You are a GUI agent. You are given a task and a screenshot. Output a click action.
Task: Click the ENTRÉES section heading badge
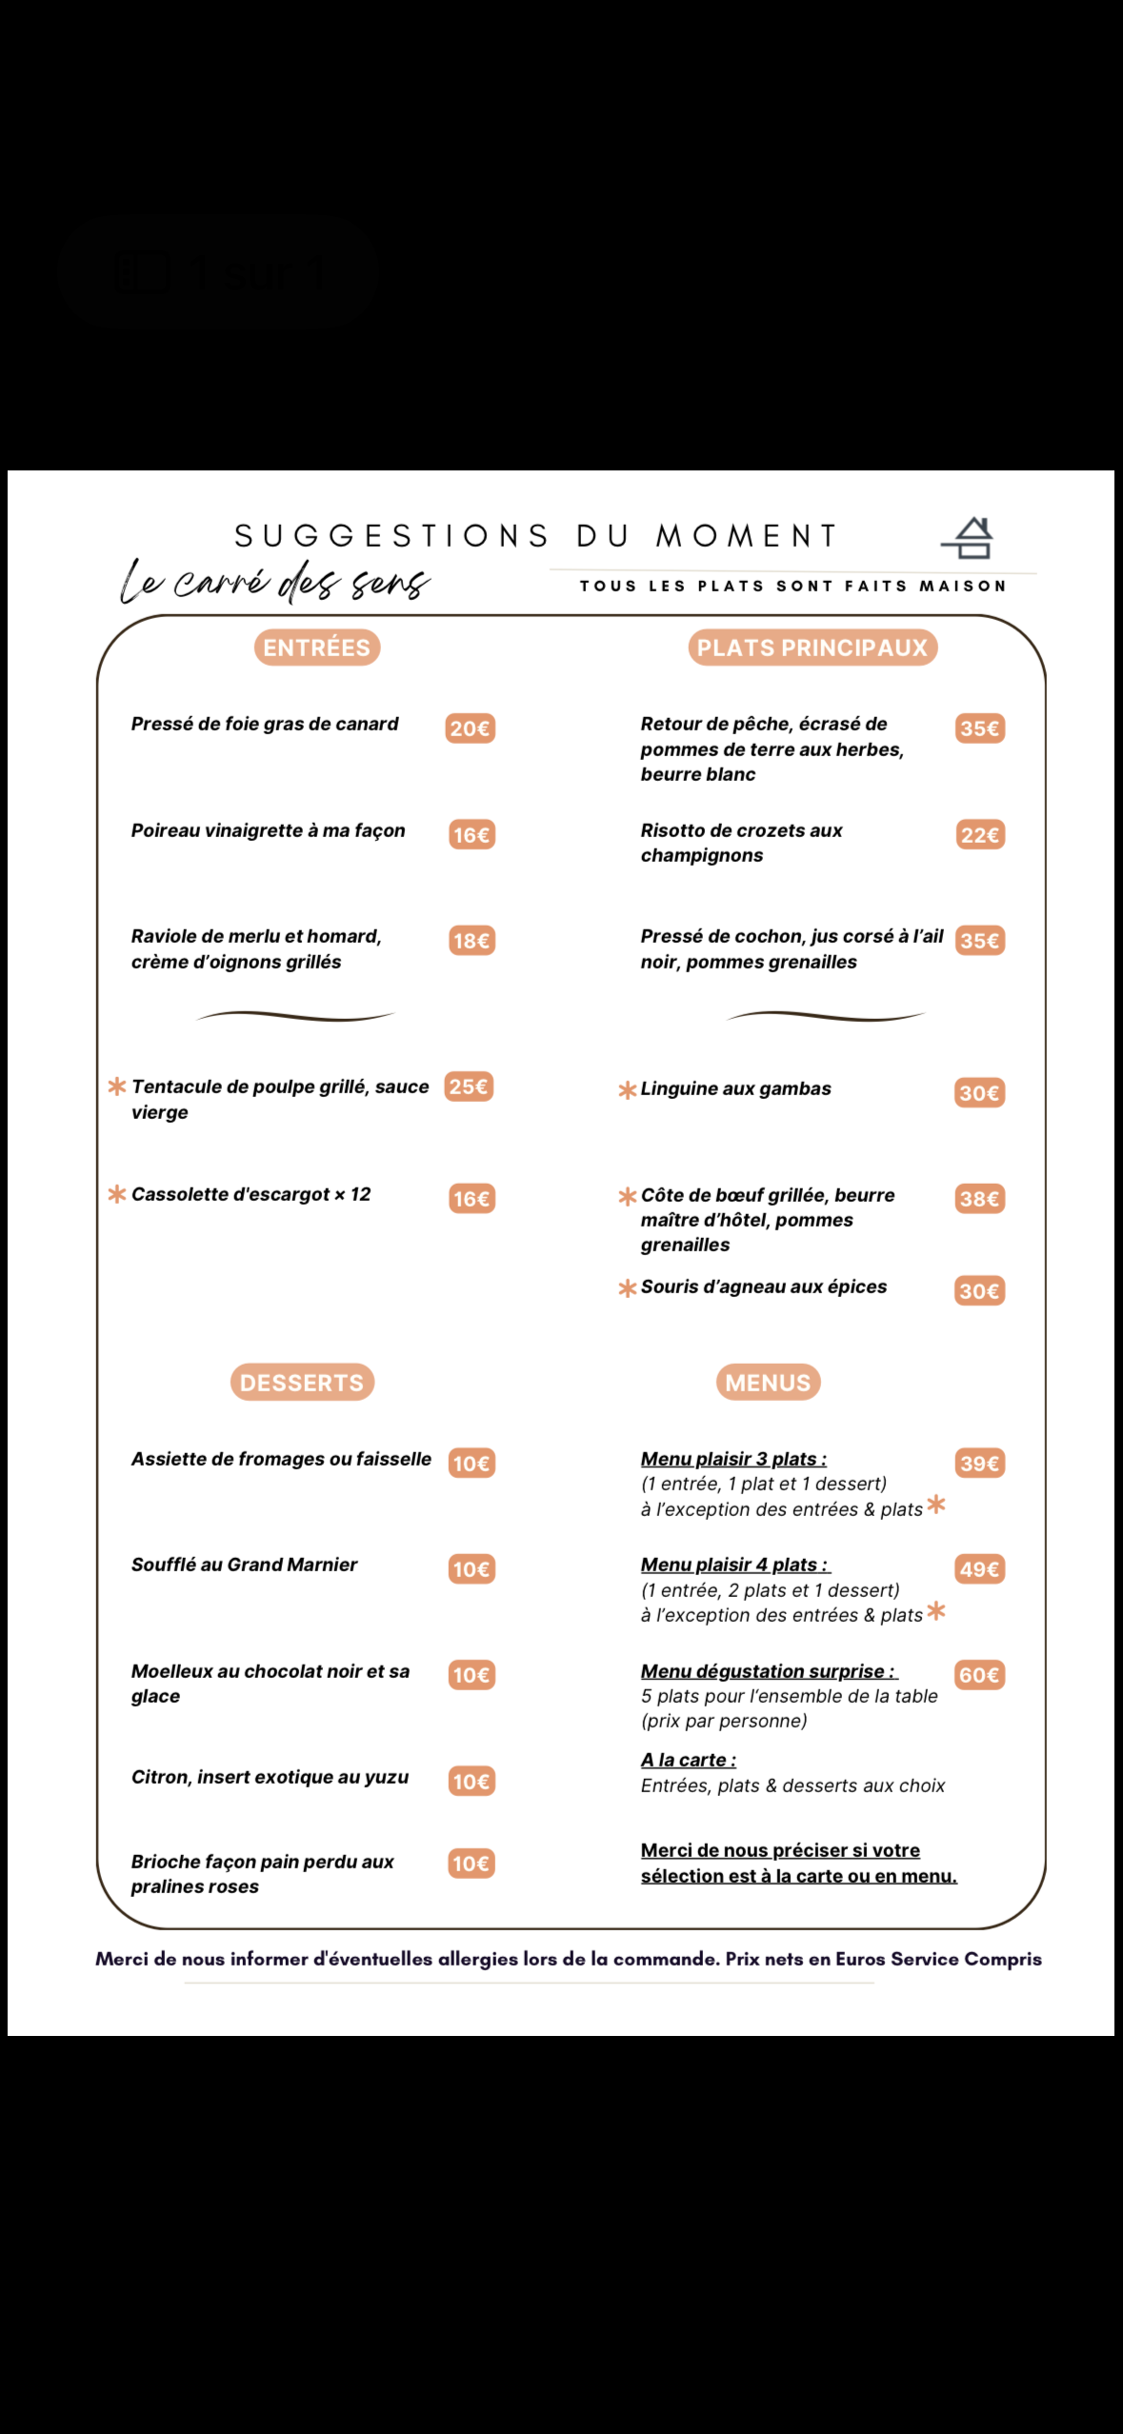pyautogui.click(x=316, y=648)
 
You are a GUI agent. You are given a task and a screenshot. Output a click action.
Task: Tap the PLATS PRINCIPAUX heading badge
pyautogui.click(x=812, y=648)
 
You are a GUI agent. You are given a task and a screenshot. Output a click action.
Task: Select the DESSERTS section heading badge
pyautogui.click(x=302, y=1382)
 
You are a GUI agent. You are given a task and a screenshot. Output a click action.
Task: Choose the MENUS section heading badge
pyautogui.click(x=768, y=1382)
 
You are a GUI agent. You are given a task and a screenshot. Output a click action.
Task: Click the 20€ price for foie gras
pyautogui.click(x=470, y=728)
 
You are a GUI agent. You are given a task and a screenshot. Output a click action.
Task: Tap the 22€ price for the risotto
pyautogui.click(x=980, y=835)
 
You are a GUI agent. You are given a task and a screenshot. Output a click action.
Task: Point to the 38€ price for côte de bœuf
pyautogui.click(x=980, y=1199)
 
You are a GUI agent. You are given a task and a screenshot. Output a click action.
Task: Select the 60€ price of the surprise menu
pyautogui.click(x=980, y=1675)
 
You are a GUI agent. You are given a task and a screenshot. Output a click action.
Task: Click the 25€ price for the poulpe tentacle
pyautogui.click(x=469, y=1087)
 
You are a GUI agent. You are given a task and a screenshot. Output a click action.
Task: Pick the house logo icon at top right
pyautogui.click(x=969, y=539)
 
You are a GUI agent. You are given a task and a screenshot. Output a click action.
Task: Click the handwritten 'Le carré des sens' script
pyautogui.click(x=274, y=581)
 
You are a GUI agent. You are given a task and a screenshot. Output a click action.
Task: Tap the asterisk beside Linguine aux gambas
pyautogui.click(x=627, y=1089)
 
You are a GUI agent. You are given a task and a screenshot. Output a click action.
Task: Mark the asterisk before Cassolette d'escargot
pyautogui.click(x=117, y=1194)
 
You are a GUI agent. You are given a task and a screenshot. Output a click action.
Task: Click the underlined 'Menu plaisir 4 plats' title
pyautogui.click(x=734, y=1565)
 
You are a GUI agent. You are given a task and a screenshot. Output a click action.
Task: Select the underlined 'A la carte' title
pyautogui.click(x=688, y=1760)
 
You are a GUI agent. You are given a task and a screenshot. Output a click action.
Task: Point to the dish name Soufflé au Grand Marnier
pyautogui.click(x=244, y=1565)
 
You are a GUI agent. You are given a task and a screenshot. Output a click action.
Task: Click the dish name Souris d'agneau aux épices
pyautogui.click(x=763, y=1287)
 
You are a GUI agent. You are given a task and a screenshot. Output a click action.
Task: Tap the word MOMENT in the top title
pyautogui.click(x=746, y=536)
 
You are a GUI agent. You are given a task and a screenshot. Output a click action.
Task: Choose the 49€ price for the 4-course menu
pyautogui.click(x=980, y=1569)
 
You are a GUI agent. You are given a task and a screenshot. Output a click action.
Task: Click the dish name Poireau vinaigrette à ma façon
pyautogui.click(x=268, y=830)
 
